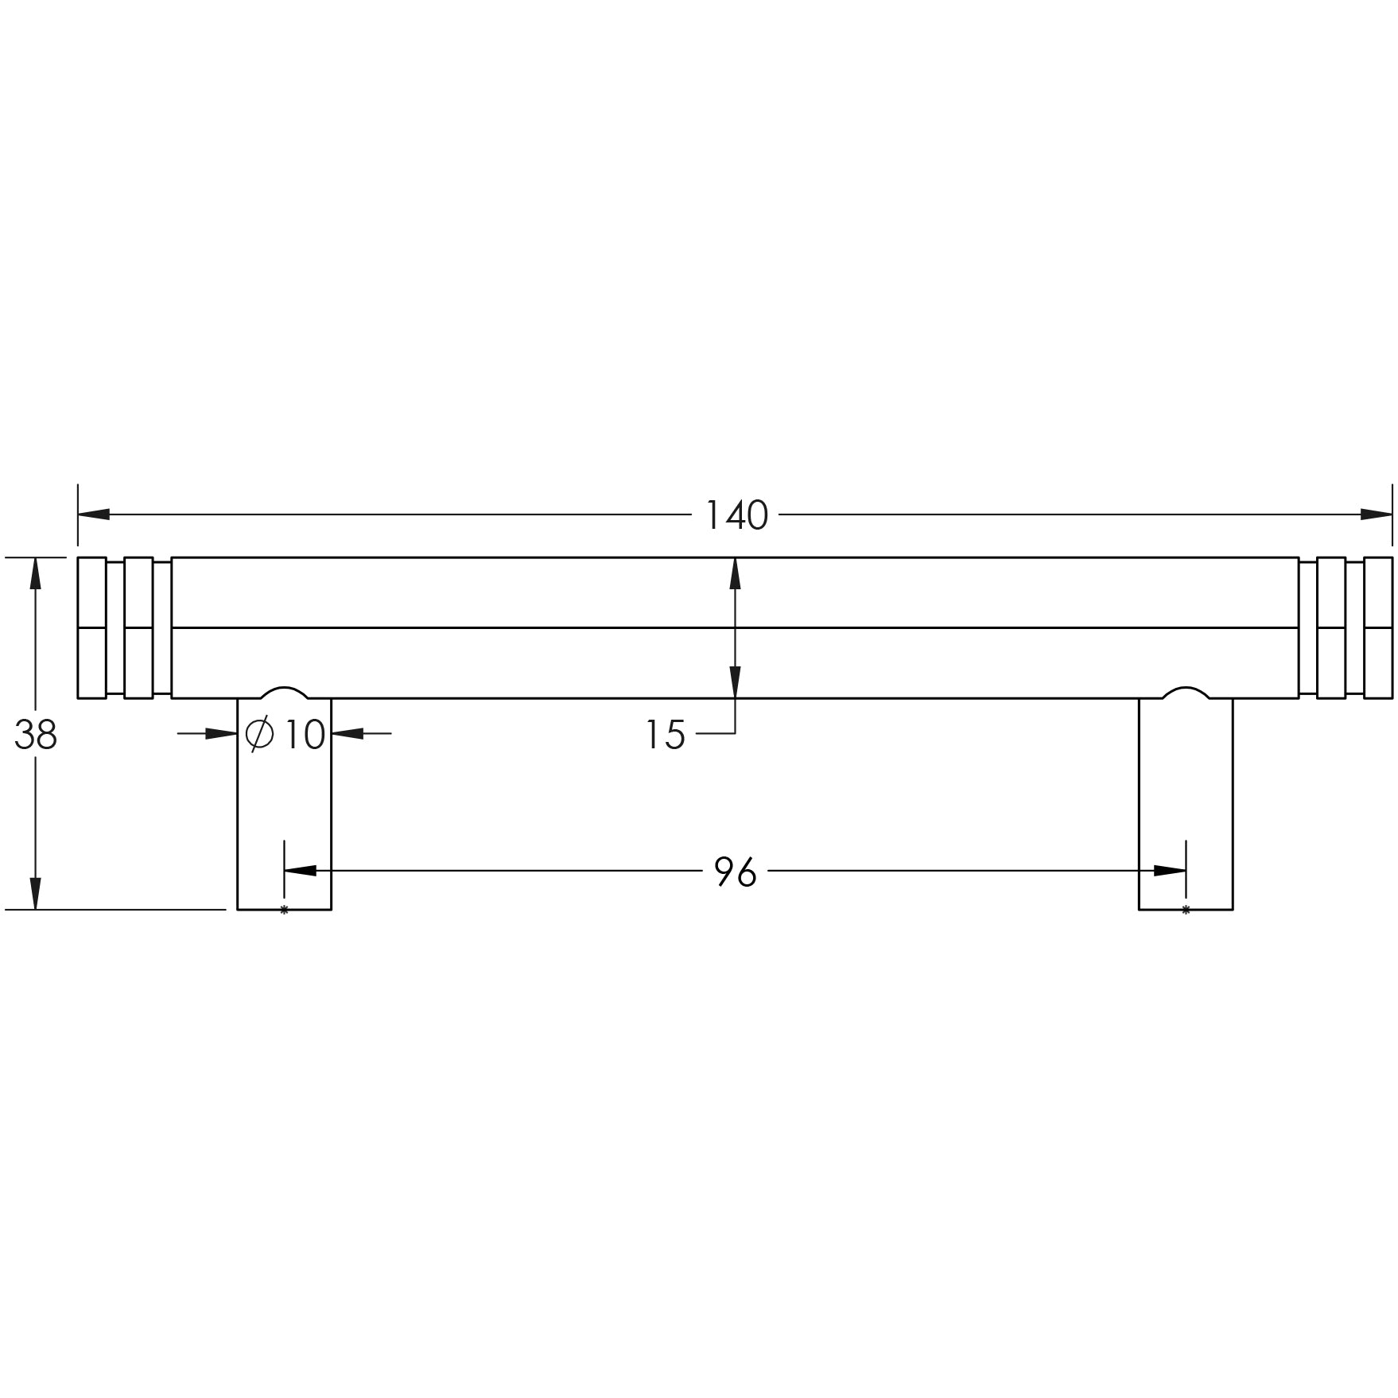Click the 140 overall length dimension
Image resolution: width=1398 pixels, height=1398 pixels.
tap(736, 516)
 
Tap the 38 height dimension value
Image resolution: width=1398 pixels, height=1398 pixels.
tap(36, 736)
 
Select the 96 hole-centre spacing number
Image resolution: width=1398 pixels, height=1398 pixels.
tap(736, 872)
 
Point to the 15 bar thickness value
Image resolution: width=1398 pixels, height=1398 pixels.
tap(665, 736)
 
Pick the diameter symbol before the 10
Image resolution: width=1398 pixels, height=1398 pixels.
tap(259, 734)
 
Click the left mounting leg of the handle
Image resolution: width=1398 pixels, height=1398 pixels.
tap(285, 803)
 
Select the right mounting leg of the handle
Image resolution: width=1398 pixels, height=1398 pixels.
tap(1186, 803)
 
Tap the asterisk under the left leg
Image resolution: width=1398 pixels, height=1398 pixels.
tap(284, 910)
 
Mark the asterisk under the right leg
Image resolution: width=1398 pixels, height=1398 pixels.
tap(1186, 910)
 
